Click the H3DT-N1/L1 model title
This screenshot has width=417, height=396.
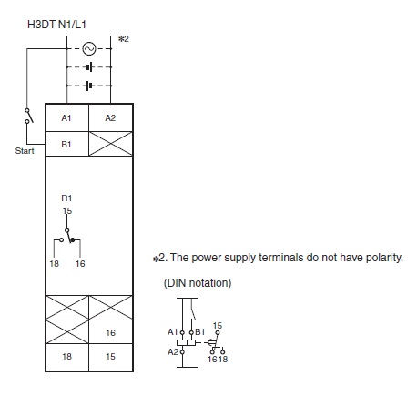[56, 25]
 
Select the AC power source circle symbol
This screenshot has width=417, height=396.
[89, 48]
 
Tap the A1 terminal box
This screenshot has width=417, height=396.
[67, 117]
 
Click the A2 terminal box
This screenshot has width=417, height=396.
[110, 117]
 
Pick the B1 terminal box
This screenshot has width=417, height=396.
[67, 144]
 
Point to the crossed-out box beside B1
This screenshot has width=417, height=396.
[110, 144]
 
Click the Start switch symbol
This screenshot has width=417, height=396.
[28, 116]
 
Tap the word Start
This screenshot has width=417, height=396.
[25, 151]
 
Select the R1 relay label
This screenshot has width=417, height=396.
[66, 198]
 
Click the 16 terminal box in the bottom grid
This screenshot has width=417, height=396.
[110, 331]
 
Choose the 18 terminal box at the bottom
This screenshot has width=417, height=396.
[67, 357]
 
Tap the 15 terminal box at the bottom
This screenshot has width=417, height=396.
[110, 357]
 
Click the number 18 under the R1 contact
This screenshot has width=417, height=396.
[55, 263]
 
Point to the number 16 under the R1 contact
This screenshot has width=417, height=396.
[80, 263]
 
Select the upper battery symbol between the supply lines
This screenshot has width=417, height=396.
[89, 67]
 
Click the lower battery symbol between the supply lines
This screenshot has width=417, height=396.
[89, 86]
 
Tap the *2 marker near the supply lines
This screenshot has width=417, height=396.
[124, 39]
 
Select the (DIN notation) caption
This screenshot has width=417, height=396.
[198, 283]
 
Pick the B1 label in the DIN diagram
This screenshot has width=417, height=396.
[199, 332]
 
